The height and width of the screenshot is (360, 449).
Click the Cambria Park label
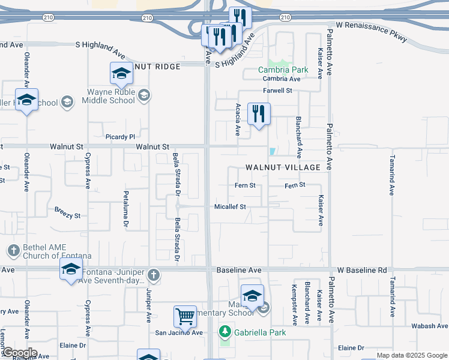pyautogui.click(x=283, y=70)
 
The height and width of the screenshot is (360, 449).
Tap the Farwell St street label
pyautogui.click(x=277, y=91)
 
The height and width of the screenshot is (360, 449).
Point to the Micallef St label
pyautogui.click(x=231, y=207)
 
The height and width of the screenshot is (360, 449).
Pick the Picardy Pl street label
pyautogui.click(x=120, y=137)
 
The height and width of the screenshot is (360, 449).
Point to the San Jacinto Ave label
pyautogui.click(x=179, y=333)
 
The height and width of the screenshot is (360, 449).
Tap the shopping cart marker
pyautogui.click(x=185, y=316)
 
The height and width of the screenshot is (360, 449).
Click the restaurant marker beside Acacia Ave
pyautogui.click(x=259, y=113)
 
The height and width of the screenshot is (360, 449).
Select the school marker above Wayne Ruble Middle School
pyautogui.click(x=121, y=74)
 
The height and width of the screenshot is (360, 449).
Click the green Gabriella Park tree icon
pyautogui.click(x=225, y=331)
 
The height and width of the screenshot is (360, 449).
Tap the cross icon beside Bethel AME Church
pyautogui.click(x=14, y=250)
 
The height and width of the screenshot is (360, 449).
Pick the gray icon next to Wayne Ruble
pyautogui.click(x=144, y=95)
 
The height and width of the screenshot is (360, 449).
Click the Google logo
pyautogui.click(x=19, y=353)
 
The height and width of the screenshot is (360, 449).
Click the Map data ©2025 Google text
pyautogui.click(x=411, y=355)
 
